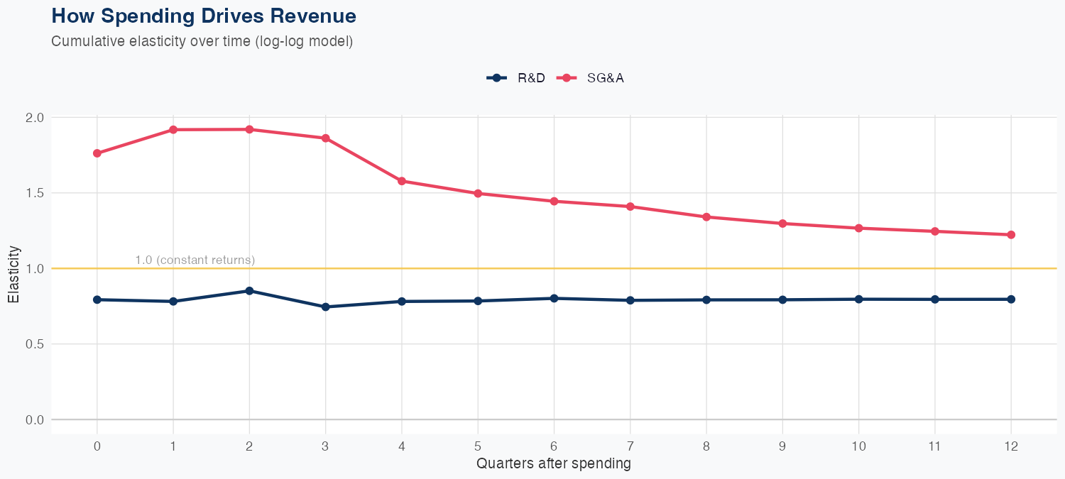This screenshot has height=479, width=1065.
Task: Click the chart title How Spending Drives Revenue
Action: click(x=204, y=16)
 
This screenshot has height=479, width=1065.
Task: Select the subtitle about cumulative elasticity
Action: click(x=202, y=41)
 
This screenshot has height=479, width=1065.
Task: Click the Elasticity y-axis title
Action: click(x=13, y=275)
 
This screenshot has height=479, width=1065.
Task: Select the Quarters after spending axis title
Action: click(x=553, y=464)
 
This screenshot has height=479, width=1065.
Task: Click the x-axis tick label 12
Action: click(x=1011, y=446)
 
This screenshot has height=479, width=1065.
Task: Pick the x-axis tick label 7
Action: click(x=630, y=446)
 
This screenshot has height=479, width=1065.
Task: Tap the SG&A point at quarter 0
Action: click(x=97, y=153)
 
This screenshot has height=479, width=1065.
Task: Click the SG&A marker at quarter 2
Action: click(x=249, y=129)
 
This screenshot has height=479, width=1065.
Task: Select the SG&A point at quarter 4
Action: click(x=402, y=181)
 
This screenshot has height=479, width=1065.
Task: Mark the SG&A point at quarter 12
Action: click(x=1011, y=235)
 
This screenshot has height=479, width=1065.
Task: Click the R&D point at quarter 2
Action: click(x=249, y=291)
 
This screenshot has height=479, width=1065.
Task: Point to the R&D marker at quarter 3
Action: click(x=326, y=307)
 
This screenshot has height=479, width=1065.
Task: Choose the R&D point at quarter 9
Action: click(x=782, y=299)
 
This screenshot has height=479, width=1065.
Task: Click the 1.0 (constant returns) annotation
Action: click(x=195, y=260)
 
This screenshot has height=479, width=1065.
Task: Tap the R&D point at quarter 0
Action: click(x=97, y=299)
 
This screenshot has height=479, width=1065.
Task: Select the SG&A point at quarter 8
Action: click(x=706, y=217)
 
